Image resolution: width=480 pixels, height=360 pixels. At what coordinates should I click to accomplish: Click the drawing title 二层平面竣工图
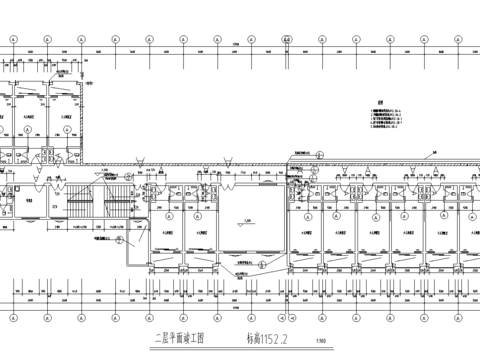179,338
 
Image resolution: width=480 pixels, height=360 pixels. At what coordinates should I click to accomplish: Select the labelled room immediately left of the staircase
30,200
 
